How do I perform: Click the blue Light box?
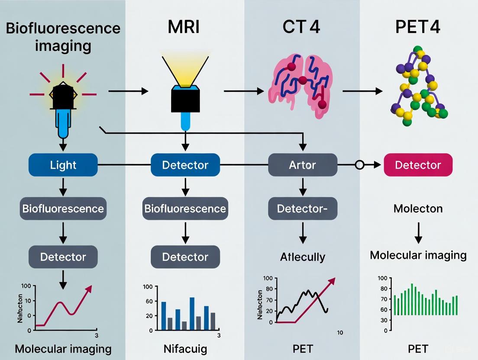tap(63, 165)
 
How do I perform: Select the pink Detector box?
tap(418, 165)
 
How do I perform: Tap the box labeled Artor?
tap(303, 165)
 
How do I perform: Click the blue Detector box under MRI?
tap(185, 165)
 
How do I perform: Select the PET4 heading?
tap(418, 28)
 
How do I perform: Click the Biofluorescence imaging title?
tap(63, 36)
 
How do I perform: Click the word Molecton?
tap(418, 209)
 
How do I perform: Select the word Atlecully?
tap(303, 257)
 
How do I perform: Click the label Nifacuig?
tap(185, 348)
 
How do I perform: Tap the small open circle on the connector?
tap(359, 165)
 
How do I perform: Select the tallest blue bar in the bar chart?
tap(192, 314)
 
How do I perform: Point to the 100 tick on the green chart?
tap(382, 278)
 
